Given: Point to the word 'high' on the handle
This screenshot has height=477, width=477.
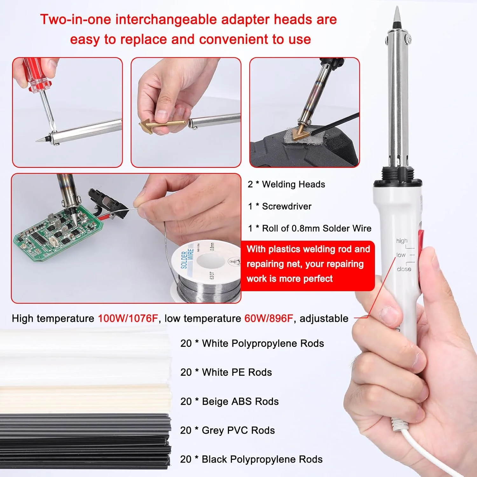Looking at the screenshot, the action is (402, 241).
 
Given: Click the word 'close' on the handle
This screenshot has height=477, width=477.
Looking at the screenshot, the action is (404, 269).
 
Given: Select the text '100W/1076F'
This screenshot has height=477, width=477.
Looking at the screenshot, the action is (128, 318).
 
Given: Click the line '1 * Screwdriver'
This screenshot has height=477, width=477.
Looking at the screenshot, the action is (280, 206).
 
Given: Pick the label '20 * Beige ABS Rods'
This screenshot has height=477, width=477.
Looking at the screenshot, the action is (229, 401).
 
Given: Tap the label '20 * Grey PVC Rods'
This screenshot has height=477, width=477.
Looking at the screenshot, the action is (227, 430).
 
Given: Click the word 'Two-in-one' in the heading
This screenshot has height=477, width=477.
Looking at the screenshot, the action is (76, 19).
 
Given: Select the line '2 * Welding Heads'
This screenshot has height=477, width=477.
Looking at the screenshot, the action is (286, 184).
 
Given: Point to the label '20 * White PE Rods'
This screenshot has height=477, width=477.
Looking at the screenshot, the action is (226, 372).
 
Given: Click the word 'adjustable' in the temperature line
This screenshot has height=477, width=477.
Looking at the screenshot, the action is (324, 319).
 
